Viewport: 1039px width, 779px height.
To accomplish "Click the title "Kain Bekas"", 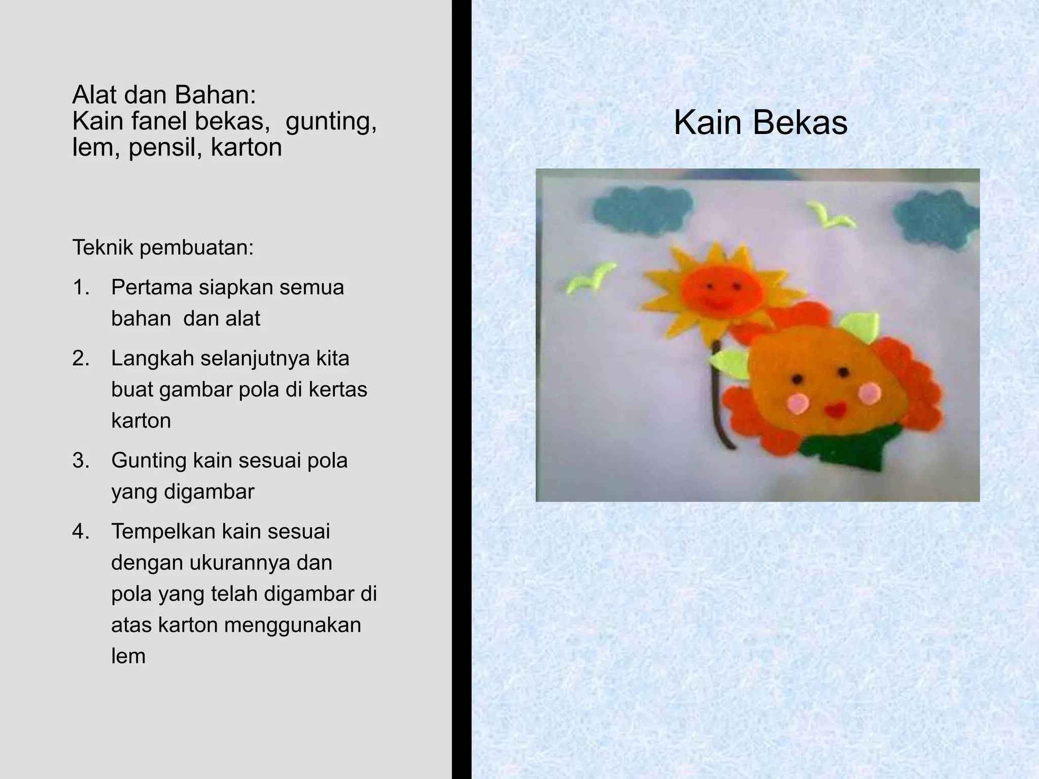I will (x=760, y=123).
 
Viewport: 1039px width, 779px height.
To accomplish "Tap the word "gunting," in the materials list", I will (x=331, y=121).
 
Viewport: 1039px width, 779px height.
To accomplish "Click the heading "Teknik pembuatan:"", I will (x=163, y=247).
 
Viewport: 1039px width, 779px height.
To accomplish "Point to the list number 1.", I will (x=81, y=288).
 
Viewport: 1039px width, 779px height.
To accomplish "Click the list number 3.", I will (x=81, y=461).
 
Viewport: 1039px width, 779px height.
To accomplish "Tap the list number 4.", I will (x=81, y=532).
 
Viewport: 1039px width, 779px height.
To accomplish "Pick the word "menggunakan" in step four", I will (x=292, y=625).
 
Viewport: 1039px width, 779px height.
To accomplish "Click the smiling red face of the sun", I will (x=721, y=293).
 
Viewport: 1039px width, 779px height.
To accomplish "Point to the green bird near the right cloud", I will (x=830, y=216).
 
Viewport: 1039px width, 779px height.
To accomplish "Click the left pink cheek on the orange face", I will (x=797, y=403).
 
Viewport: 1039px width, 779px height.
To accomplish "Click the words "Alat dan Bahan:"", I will (x=164, y=94).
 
